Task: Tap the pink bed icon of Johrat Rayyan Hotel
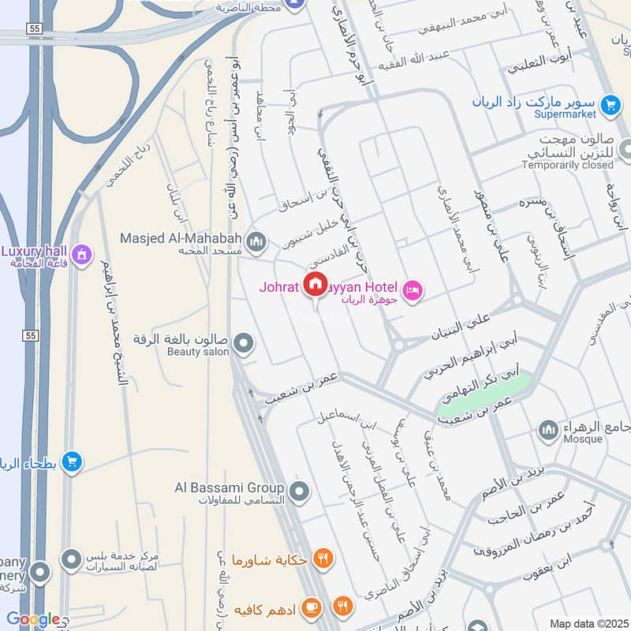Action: coord(412,291)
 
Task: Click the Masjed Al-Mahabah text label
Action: coord(181,237)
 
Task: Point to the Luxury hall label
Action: coord(33,251)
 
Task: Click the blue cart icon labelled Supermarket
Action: coord(609,104)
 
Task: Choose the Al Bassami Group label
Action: coord(229,487)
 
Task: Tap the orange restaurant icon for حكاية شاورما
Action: coord(322,558)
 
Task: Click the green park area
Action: coord(483,396)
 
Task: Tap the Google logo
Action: coord(33,619)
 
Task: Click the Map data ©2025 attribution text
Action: coord(587,622)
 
